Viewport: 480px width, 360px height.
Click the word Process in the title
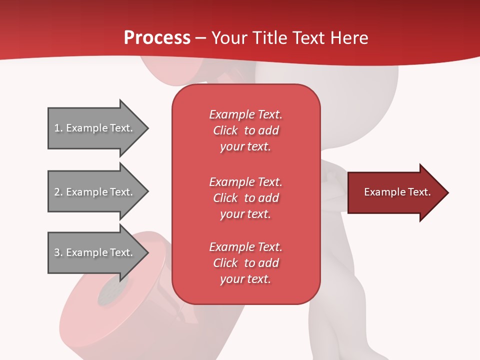pos(157,38)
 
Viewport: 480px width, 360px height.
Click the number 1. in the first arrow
pos(58,128)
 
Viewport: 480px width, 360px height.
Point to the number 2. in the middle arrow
pos(58,192)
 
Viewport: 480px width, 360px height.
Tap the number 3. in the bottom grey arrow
pos(58,252)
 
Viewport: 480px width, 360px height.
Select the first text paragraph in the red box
pos(245,130)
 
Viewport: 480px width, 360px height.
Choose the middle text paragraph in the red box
pos(245,198)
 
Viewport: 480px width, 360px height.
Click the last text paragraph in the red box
pos(245,263)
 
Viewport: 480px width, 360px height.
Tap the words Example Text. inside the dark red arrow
pos(397,192)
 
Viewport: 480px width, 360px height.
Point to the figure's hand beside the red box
pos(331,176)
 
